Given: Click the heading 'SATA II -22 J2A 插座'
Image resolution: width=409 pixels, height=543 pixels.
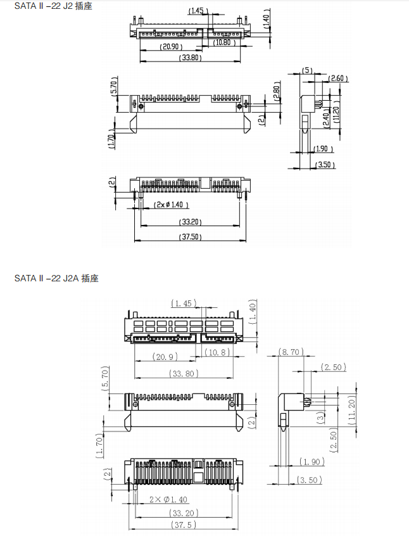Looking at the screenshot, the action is click(x=56, y=278).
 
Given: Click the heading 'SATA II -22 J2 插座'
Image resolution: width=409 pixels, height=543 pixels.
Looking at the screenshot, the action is click(x=53, y=6).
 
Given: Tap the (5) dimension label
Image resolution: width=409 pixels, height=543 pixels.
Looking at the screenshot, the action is click(x=307, y=70).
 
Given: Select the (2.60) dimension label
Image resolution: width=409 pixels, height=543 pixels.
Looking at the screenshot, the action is click(x=338, y=79).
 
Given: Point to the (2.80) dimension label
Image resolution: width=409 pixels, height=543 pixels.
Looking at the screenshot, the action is click(x=277, y=91).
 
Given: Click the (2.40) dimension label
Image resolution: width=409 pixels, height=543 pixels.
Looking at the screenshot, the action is click(x=326, y=118).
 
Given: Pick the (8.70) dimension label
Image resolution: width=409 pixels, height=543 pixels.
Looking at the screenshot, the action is click(x=291, y=352).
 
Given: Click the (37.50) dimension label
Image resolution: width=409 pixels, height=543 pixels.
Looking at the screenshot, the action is click(x=191, y=237).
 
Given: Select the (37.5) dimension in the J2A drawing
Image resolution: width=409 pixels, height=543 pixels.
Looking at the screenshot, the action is click(x=184, y=525).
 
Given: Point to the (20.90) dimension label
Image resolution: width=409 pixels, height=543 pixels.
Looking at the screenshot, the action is click(x=171, y=46).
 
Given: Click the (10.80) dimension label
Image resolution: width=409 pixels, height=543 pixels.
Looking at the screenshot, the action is click(x=224, y=42).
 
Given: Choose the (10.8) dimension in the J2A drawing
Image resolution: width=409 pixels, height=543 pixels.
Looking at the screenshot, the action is click(x=217, y=352).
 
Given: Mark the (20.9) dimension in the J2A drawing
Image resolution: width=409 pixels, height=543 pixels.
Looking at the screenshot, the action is click(x=165, y=357).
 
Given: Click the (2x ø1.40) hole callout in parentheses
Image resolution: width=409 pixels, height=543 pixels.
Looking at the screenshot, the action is click(x=172, y=205).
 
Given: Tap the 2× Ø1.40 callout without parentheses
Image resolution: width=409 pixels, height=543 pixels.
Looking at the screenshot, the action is click(x=168, y=499).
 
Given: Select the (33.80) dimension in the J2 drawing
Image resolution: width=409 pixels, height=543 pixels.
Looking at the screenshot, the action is click(x=191, y=58).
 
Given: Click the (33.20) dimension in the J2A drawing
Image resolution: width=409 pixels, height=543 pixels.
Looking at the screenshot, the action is click(x=184, y=513).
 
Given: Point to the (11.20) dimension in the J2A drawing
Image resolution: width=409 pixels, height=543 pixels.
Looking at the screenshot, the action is click(x=352, y=410).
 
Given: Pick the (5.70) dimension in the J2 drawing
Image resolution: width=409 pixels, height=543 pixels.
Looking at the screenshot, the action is click(x=115, y=87).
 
